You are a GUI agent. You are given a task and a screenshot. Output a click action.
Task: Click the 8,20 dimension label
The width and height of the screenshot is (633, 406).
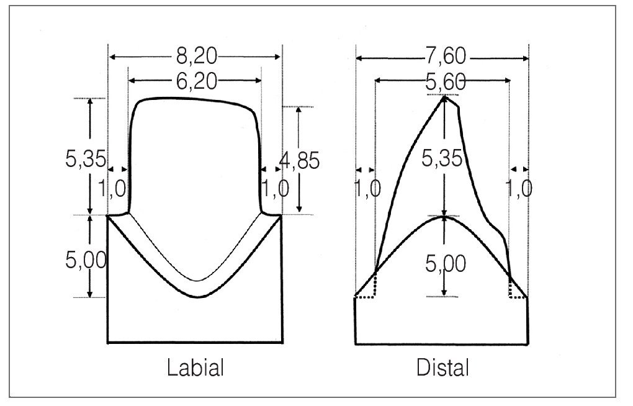click(197, 56)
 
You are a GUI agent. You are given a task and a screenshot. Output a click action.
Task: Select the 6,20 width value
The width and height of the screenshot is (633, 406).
click(197, 81)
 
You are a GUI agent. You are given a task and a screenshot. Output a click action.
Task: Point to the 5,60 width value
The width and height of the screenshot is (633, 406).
click(446, 82)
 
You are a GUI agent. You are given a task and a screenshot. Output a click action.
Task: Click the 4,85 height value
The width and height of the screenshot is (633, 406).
click(299, 160)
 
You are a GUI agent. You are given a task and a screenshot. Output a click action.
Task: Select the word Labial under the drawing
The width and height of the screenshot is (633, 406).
click(195, 368)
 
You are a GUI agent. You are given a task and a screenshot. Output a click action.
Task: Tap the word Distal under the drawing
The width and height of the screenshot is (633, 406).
click(443, 368)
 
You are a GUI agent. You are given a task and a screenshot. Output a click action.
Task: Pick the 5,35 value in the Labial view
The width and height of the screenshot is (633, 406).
click(86, 158)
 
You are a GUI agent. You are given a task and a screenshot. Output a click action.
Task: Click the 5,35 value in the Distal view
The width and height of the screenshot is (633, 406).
click(442, 158)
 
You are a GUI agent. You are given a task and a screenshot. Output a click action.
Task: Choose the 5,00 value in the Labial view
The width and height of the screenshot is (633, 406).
click(86, 259)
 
